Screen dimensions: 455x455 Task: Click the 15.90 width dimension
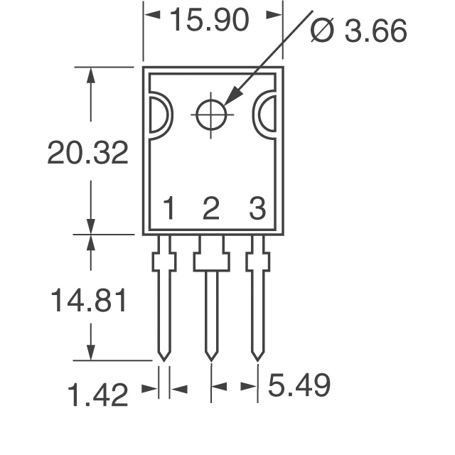click(209, 21)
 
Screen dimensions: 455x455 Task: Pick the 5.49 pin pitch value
click(299, 387)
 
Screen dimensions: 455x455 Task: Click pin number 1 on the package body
click(169, 210)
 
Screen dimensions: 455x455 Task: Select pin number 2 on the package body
click(210, 210)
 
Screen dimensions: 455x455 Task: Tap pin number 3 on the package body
click(257, 210)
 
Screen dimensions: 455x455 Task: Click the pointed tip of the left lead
click(164, 357)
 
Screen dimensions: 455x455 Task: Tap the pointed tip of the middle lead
click(211, 357)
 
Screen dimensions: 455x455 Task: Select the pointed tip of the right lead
click(258, 357)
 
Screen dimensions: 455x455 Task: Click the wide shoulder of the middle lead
click(211, 262)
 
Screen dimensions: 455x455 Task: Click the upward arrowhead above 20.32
click(90, 76)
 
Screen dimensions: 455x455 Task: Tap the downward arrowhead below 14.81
click(90, 351)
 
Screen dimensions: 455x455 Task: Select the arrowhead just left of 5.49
click(248, 387)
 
